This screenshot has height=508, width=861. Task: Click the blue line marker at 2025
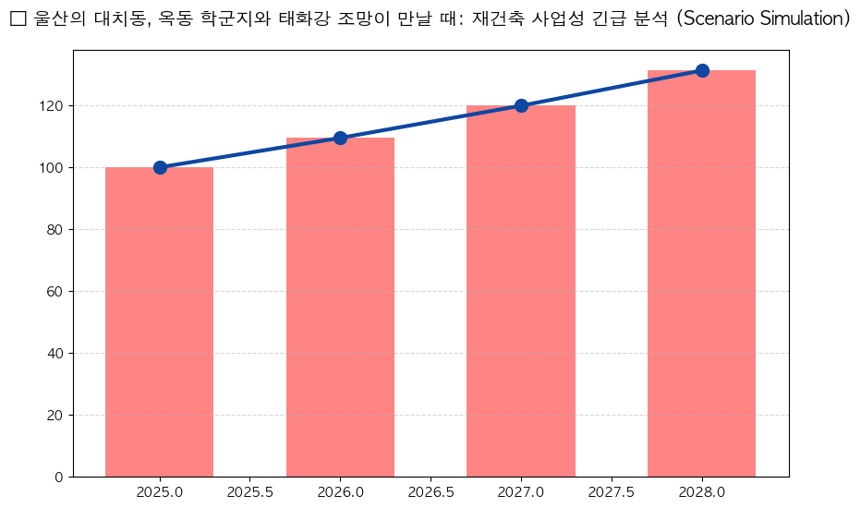click(160, 167)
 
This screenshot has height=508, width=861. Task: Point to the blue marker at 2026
click(340, 138)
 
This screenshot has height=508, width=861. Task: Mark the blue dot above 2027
click(521, 105)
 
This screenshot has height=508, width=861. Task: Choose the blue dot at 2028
click(702, 70)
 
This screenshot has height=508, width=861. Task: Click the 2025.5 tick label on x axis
click(249, 492)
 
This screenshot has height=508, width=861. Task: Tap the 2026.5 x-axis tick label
click(430, 492)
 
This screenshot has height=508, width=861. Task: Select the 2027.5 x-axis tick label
click(612, 492)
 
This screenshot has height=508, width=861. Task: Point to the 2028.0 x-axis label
click(702, 492)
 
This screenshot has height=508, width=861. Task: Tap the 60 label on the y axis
click(56, 292)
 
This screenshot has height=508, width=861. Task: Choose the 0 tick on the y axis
click(60, 478)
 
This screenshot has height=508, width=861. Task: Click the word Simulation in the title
click(796, 19)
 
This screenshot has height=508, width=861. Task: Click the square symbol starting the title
click(17, 19)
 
